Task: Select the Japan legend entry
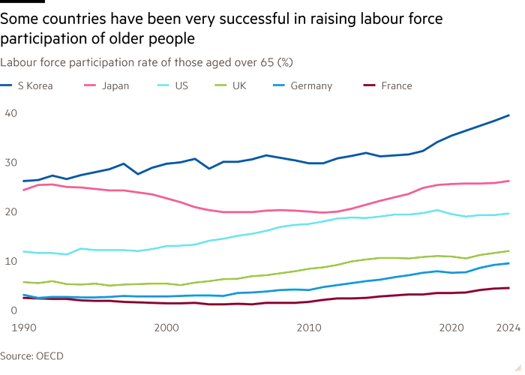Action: (114, 86)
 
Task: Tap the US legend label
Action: (181, 86)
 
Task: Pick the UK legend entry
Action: (239, 86)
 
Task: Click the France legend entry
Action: (396, 86)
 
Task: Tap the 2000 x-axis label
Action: (166, 328)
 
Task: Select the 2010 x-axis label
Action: (308, 328)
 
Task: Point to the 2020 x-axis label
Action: (451, 328)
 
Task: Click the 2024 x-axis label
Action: (508, 328)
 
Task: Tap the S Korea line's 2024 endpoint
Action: (510, 115)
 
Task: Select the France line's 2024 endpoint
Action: (510, 288)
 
